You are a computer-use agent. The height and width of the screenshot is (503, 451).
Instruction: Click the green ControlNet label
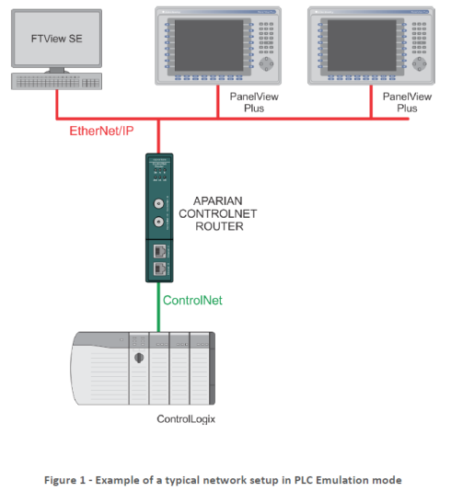[x=192, y=300]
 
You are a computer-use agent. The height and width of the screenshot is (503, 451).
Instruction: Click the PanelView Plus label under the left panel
[x=251, y=101]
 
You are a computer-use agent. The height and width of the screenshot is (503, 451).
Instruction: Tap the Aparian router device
[x=157, y=218]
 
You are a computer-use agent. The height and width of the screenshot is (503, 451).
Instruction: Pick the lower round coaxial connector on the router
[x=157, y=223]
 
